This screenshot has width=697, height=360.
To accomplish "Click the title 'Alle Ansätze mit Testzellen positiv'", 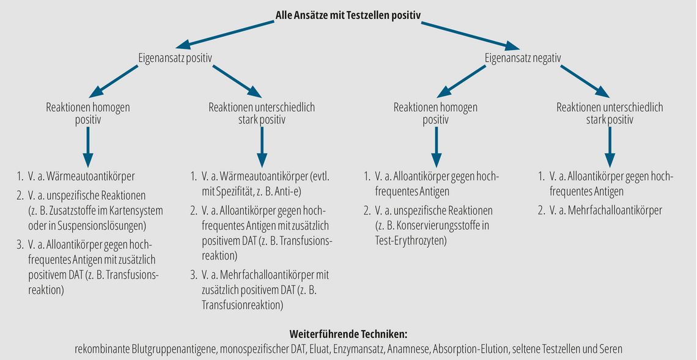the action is click(348, 15).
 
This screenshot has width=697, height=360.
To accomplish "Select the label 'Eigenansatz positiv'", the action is click(175, 58).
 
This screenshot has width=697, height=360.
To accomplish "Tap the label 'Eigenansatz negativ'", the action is click(522, 58).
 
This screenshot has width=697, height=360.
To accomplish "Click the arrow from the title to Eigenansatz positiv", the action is click(224, 34).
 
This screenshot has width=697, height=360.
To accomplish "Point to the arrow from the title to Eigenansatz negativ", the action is click(470, 35).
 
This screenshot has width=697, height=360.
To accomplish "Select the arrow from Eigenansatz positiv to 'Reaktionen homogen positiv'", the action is click(114, 81).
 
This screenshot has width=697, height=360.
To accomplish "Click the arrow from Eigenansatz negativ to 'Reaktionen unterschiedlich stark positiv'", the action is click(585, 81).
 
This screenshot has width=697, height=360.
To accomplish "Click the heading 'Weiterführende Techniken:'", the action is click(348, 334).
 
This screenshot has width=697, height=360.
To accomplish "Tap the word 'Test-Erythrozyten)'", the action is click(411, 241).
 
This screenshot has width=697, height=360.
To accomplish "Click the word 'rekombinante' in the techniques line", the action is click(101, 349).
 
